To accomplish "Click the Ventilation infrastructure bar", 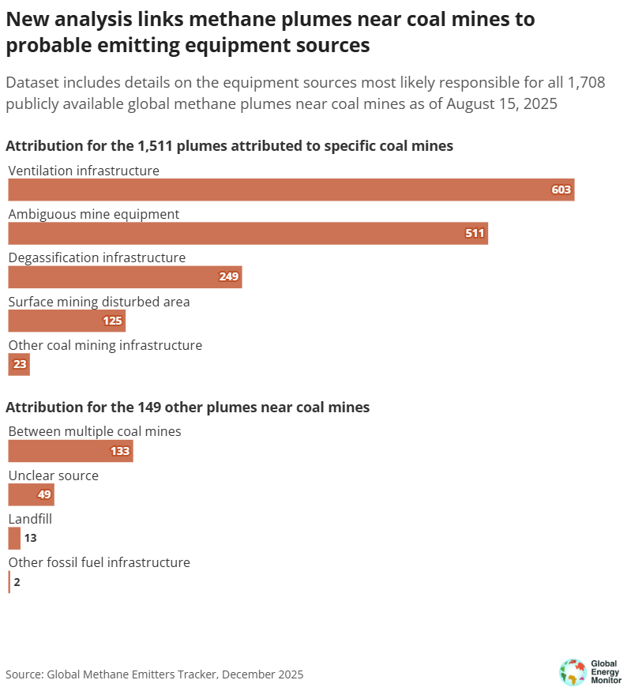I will click(x=291, y=190).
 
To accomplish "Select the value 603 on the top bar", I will click(x=561, y=190).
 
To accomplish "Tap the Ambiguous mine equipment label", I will click(x=94, y=214).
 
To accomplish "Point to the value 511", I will click(x=475, y=234).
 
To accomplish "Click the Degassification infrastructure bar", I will click(x=125, y=277).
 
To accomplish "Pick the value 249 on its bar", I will click(x=228, y=277).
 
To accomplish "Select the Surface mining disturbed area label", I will click(x=99, y=302).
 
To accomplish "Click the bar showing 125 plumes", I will click(x=66, y=321).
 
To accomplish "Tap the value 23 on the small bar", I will click(x=20, y=365).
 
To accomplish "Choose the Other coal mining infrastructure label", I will click(x=105, y=345).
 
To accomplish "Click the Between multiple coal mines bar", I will click(x=70, y=451).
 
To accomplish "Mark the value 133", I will click(x=119, y=451).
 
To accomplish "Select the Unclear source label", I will click(x=53, y=475).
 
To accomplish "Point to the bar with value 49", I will click(x=31, y=495).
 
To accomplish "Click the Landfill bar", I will click(x=14, y=539).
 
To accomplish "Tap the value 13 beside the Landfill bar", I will click(x=30, y=539).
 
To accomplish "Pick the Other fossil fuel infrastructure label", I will click(x=99, y=562).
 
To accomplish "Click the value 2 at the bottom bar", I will click(x=17, y=582).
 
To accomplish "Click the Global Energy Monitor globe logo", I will click(x=573, y=672).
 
